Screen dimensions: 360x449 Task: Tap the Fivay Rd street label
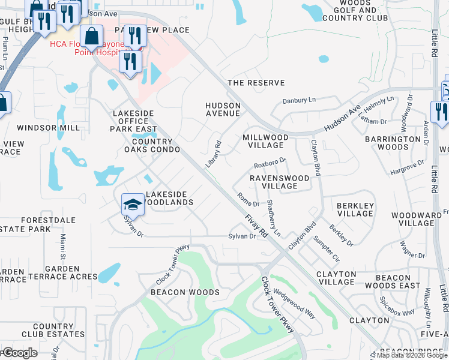(x=256, y=226)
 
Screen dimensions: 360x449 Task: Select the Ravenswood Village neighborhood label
(x=279, y=182)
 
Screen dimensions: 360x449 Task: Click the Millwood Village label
(x=265, y=141)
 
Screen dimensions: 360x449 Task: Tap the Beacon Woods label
(x=185, y=292)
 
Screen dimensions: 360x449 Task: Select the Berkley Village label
(x=355, y=209)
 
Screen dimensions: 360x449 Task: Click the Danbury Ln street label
(x=299, y=100)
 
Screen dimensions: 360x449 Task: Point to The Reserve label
(x=256, y=83)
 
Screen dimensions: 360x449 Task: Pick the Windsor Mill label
(x=48, y=128)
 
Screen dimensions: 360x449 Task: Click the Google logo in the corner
(x=19, y=353)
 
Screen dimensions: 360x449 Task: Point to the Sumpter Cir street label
(x=327, y=248)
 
